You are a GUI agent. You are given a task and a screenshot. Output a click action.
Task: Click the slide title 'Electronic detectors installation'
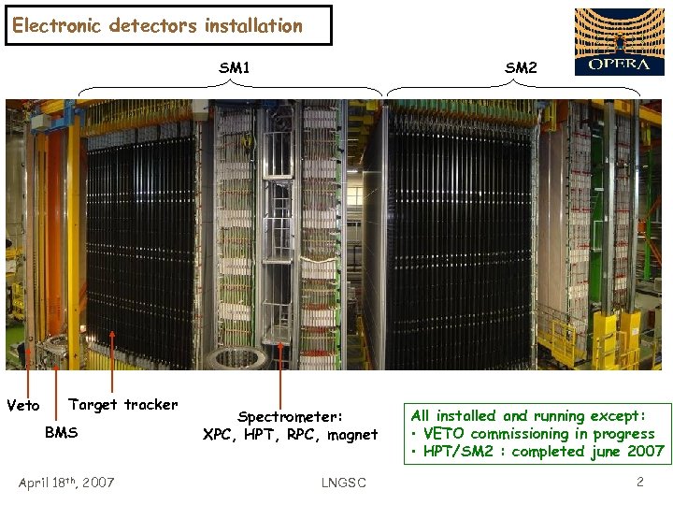click(158, 26)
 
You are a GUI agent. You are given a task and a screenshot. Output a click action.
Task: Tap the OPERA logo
click(618, 42)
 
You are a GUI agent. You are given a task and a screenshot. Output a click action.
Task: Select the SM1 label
click(234, 67)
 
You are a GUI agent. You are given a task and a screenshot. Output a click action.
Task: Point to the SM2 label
click(521, 67)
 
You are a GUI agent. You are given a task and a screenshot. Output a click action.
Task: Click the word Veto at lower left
click(23, 406)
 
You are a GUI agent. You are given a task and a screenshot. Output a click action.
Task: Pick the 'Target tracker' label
click(123, 405)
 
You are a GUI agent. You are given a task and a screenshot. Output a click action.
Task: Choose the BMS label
click(62, 433)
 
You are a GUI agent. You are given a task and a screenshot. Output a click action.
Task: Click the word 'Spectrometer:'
click(291, 416)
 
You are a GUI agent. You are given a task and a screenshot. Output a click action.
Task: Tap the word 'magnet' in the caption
click(351, 434)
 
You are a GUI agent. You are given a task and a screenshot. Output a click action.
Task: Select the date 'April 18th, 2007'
click(66, 483)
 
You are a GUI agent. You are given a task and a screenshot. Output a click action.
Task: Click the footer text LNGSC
click(343, 483)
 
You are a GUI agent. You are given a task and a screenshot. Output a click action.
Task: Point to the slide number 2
click(639, 483)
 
